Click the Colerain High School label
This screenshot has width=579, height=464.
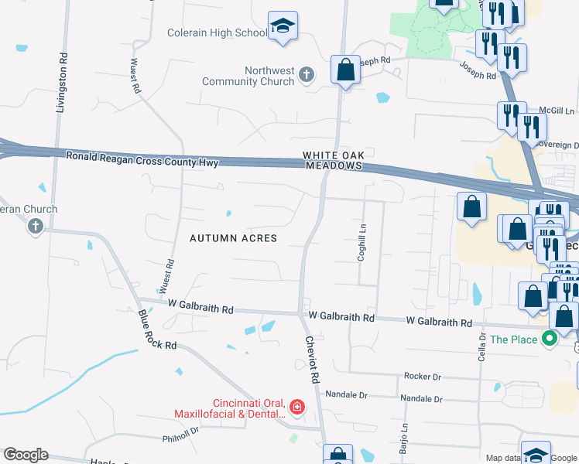tap(217, 33)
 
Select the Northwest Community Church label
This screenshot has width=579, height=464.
tap(248, 76)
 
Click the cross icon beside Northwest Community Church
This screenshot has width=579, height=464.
tap(307, 75)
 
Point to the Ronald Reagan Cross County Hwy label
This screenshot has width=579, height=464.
tap(142, 159)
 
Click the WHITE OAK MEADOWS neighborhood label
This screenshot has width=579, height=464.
tap(333, 160)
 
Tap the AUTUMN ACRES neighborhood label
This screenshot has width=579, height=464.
tap(233, 238)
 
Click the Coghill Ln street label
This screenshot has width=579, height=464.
tap(361, 242)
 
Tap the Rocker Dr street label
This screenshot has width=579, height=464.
tap(422, 376)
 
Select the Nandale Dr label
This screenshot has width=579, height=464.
tap(422, 399)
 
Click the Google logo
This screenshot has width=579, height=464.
tap(26, 455)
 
